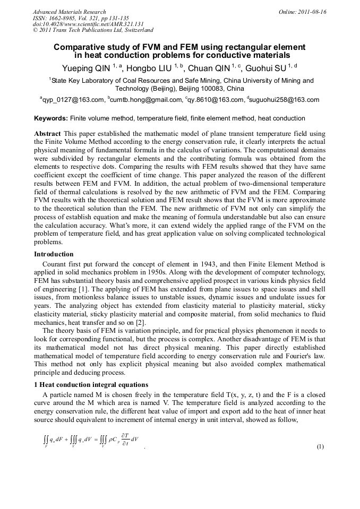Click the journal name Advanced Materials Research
click(69, 12)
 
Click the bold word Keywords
click(51, 118)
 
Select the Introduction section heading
click(54, 254)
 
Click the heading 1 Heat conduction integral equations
click(91, 384)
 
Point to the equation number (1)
click(320, 446)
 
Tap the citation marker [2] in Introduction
click(154, 322)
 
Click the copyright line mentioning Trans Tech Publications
click(93, 31)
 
